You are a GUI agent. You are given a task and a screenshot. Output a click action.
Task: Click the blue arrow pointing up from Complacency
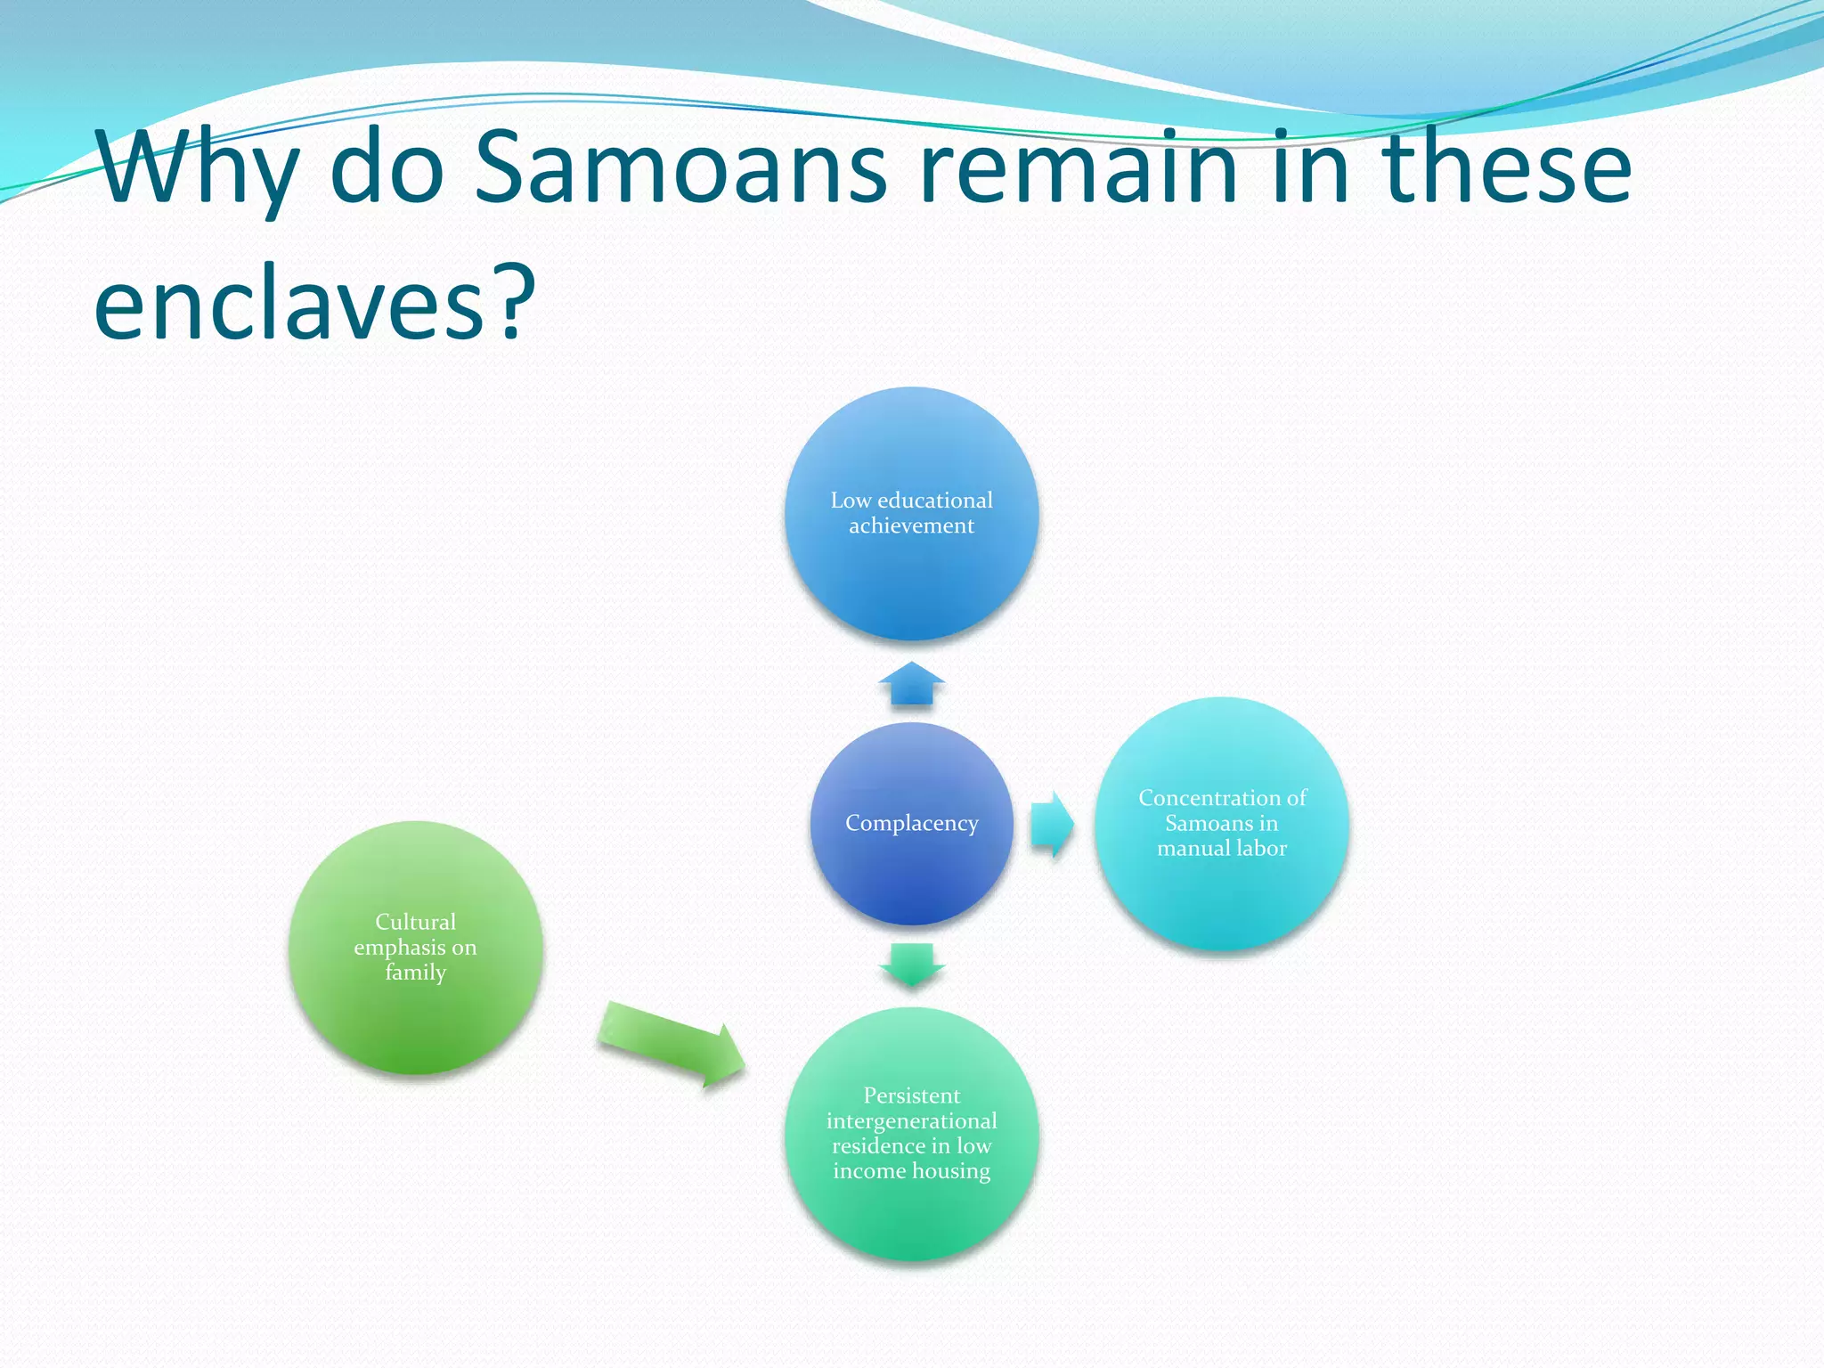pyautogui.click(x=911, y=684)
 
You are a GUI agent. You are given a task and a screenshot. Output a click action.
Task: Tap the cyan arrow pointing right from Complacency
pyautogui.click(x=1052, y=824)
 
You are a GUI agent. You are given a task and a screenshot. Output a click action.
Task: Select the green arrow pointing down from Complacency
pyautogui.click(x=911, y=965)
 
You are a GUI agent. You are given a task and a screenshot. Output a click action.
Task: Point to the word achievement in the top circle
pyautogui.click(x=911, y=525)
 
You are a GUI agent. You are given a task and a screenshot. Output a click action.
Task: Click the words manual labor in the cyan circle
pyautogui.click(x=1221, y=848)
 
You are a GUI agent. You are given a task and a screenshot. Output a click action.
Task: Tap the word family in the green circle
pyautogui.click(x=415, y=972)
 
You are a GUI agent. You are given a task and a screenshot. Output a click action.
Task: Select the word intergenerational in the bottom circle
pyautogui.click(x=911, y=1120)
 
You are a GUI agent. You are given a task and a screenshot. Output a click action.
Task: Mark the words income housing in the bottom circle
pyautogui.click(x=911, y=1170)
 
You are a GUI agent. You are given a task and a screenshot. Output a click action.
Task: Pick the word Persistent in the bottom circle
pyautogui.click(x=911, y=1095)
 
